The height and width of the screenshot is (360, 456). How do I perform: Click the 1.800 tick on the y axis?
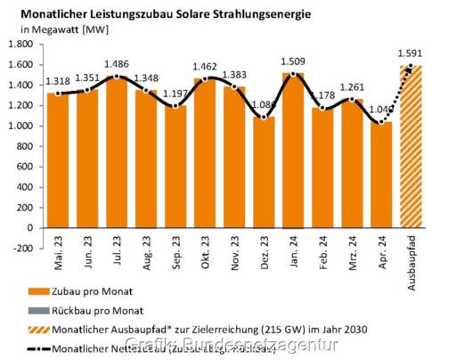coord(20,45)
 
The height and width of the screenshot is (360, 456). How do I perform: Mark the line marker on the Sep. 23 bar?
coord(176,106)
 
